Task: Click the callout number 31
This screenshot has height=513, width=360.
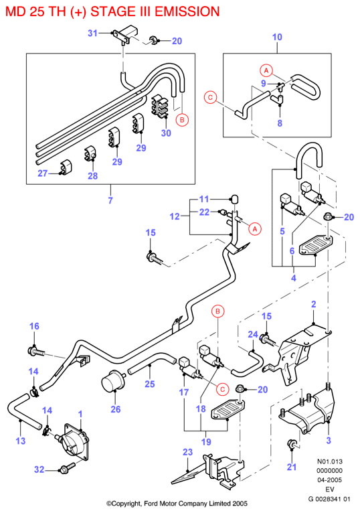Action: [x=92, y=33]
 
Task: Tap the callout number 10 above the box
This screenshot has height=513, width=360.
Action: [x=277, y=37]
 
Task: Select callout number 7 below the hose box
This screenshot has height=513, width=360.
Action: [x=110, y=200]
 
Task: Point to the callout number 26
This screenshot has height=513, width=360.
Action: [x=116, y=409]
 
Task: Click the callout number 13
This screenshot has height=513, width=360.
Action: [x=21, y=441]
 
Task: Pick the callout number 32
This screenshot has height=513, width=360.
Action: [x=39, y=469]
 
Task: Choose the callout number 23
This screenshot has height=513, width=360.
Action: [x=187, y=452]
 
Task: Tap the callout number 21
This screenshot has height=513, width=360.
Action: [x=292, y=467]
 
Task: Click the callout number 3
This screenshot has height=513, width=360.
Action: [x=329, y=441]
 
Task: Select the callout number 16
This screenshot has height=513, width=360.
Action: [x=34, y=326]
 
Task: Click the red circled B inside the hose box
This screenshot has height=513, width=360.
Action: [x=182, y=120]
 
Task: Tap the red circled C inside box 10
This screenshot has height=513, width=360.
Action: [x=210, y=98]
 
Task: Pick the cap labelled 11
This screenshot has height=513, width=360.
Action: [x=234, y=199]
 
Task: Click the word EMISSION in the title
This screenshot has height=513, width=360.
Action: [x=187, y=12]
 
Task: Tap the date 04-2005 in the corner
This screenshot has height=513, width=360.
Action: [x=330, y=480]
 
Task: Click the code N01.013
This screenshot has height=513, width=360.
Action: [x=330, y=461]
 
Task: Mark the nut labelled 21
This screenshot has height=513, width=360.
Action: [x=291, y=444]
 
